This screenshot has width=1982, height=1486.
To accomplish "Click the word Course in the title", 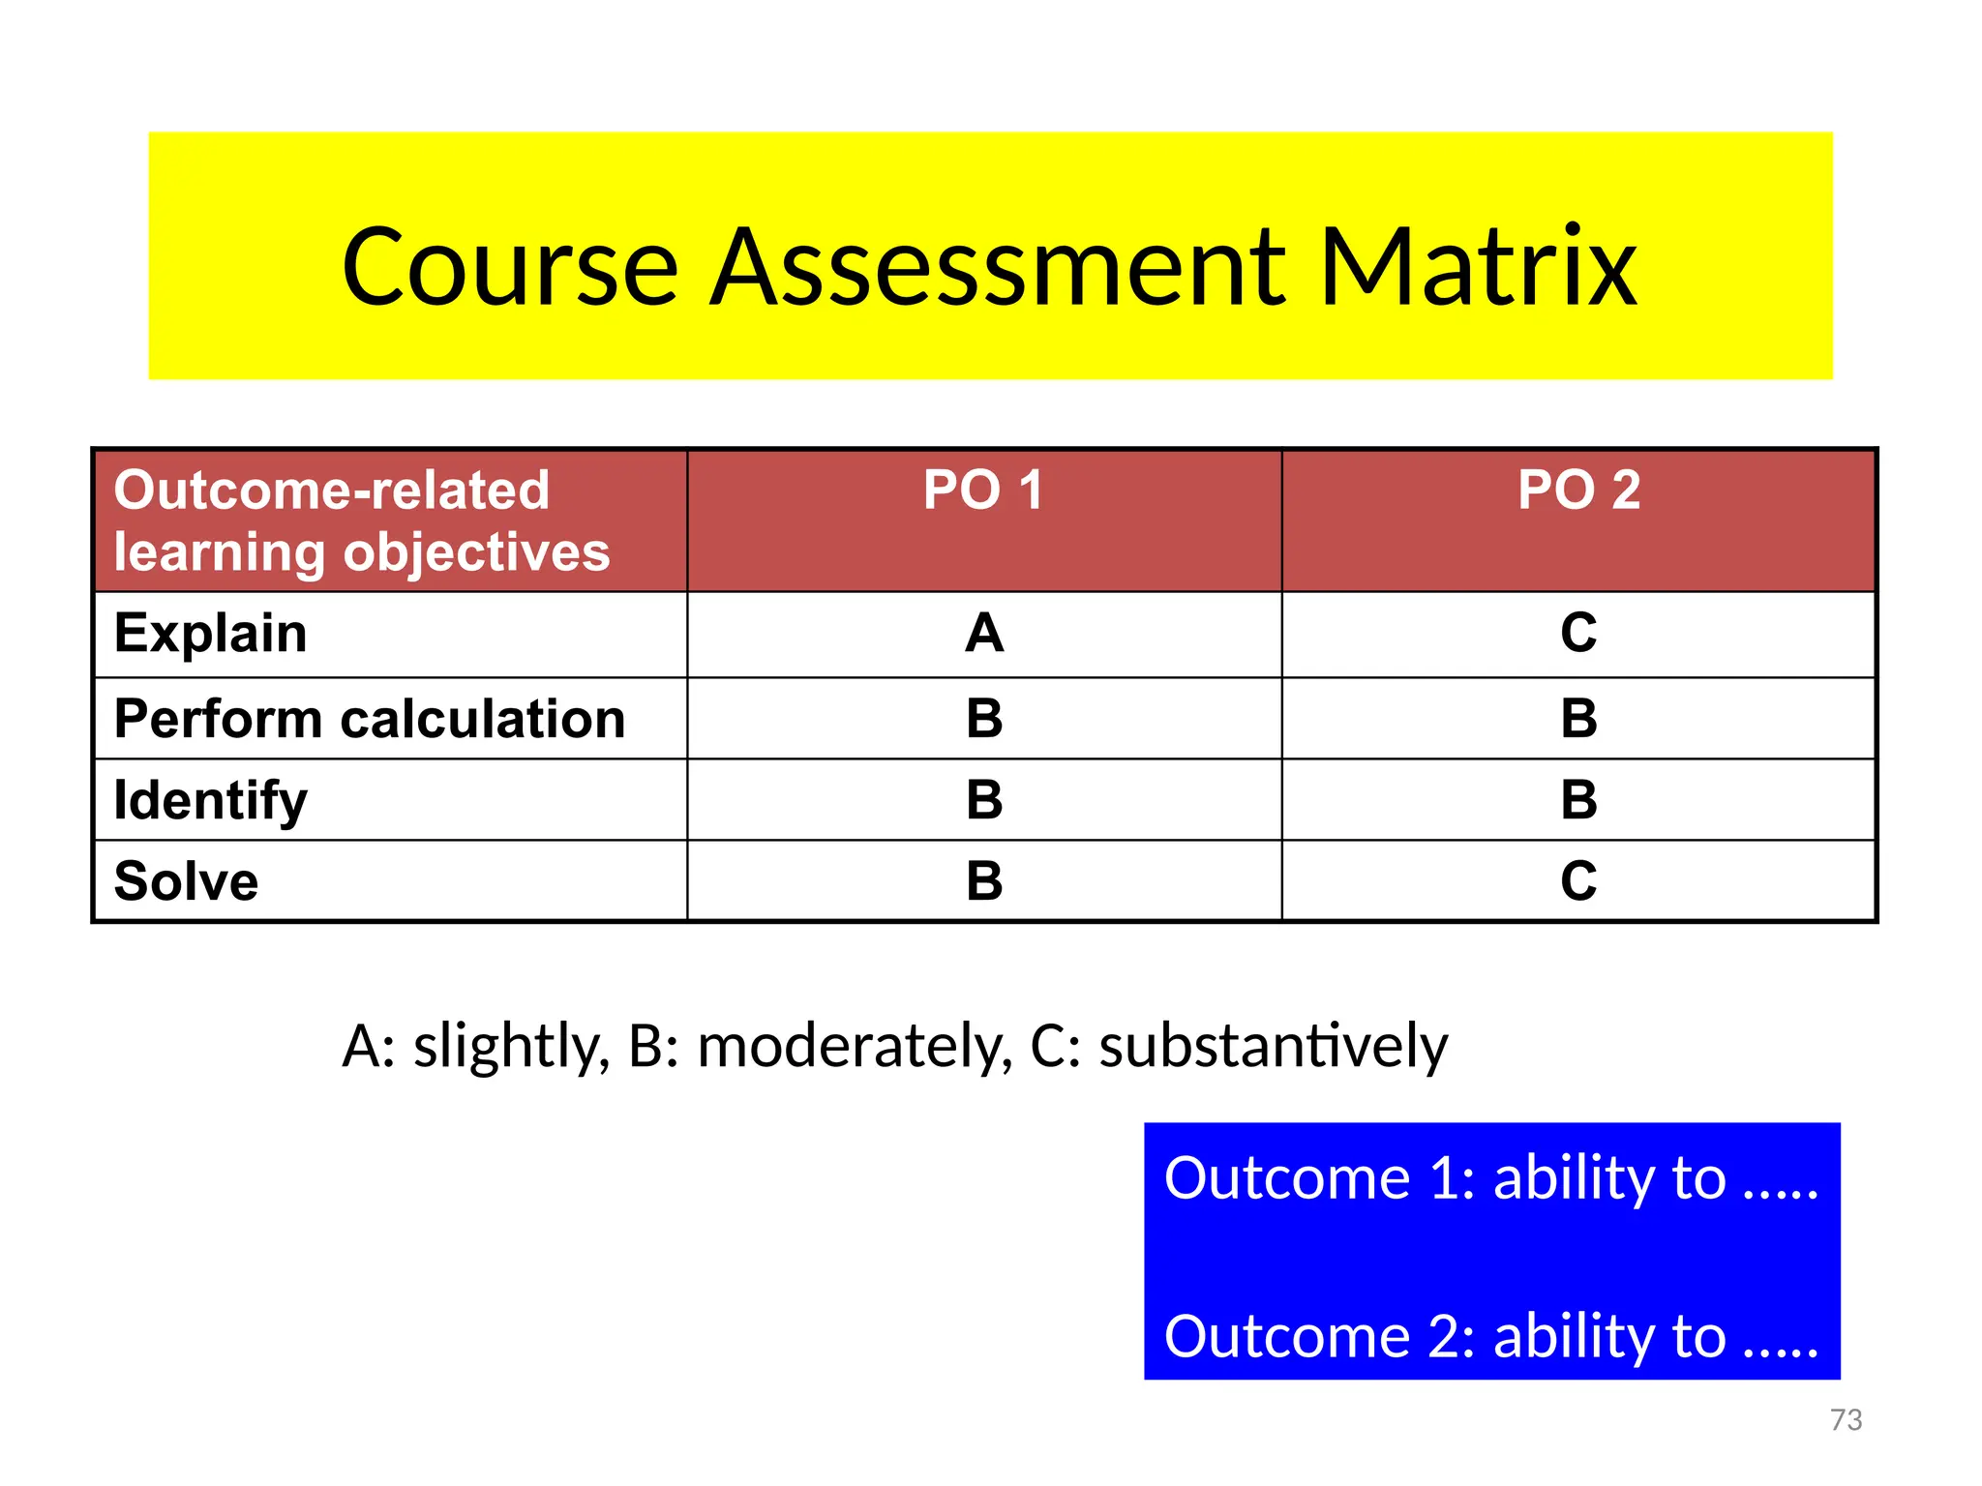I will click(x=509, y=267).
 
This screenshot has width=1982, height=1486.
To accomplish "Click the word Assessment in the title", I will click(x=998, y=267).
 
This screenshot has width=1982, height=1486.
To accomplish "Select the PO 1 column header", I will click(x=983, y=490).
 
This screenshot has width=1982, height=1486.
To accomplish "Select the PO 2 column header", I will click(x=1578, y=490).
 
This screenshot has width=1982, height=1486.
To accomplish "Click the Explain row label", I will click(x=211, y=634).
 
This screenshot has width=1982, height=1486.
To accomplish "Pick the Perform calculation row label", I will click(x=370, y=719).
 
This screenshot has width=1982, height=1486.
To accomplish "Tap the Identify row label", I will click(x=211, y=801).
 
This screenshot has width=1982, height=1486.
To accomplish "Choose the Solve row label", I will click(x=186, y=881).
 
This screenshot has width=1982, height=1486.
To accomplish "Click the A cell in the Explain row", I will click(x=984, y=634).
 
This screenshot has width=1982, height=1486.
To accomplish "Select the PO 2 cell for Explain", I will click(x=1578, y=634).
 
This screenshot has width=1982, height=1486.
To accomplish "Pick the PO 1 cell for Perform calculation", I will click(x=984, y=719).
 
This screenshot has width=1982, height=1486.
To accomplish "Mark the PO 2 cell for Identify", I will click(x=1578, y=800).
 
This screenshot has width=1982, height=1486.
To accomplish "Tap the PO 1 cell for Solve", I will click(x=984, y=881).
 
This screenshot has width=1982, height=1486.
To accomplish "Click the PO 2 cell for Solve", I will click(x=1578, y=881).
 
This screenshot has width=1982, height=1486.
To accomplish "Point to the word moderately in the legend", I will click(x=854, y=1047).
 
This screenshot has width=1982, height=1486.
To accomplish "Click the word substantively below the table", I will click(x=1273, y=1047).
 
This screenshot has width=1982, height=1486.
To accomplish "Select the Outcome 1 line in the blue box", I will click(x=1490, y=1178).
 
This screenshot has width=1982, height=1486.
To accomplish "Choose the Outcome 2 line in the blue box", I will click(x=1490, y=1337).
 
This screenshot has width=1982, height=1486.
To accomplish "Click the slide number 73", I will click(x=1846, y=1419).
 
